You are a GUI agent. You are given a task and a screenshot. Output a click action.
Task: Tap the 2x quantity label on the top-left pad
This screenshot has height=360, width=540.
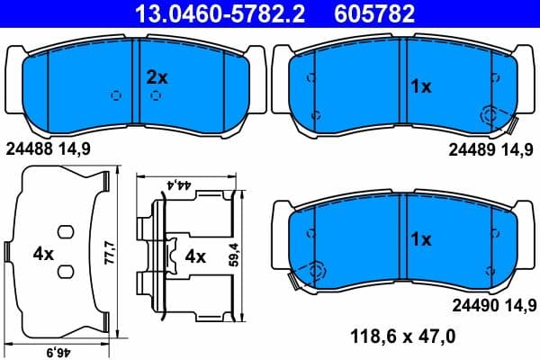tap(157, 77)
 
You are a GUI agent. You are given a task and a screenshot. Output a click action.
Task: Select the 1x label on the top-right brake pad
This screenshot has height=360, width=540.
tap(421, 87)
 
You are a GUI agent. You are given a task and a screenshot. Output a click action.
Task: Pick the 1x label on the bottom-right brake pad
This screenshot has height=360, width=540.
tap(421, 240)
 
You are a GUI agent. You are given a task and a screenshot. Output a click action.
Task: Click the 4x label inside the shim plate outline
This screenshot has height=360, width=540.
tap(43, 255)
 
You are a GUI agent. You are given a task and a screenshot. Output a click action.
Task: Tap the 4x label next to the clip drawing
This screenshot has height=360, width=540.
tap(195, 256)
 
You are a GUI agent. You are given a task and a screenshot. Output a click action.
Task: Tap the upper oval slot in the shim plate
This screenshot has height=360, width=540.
tap(64, 231)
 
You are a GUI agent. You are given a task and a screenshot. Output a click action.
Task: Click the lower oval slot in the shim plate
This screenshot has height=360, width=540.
tap(64, 271)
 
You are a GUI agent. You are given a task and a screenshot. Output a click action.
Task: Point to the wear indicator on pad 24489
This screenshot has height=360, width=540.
tap(494, 115)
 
